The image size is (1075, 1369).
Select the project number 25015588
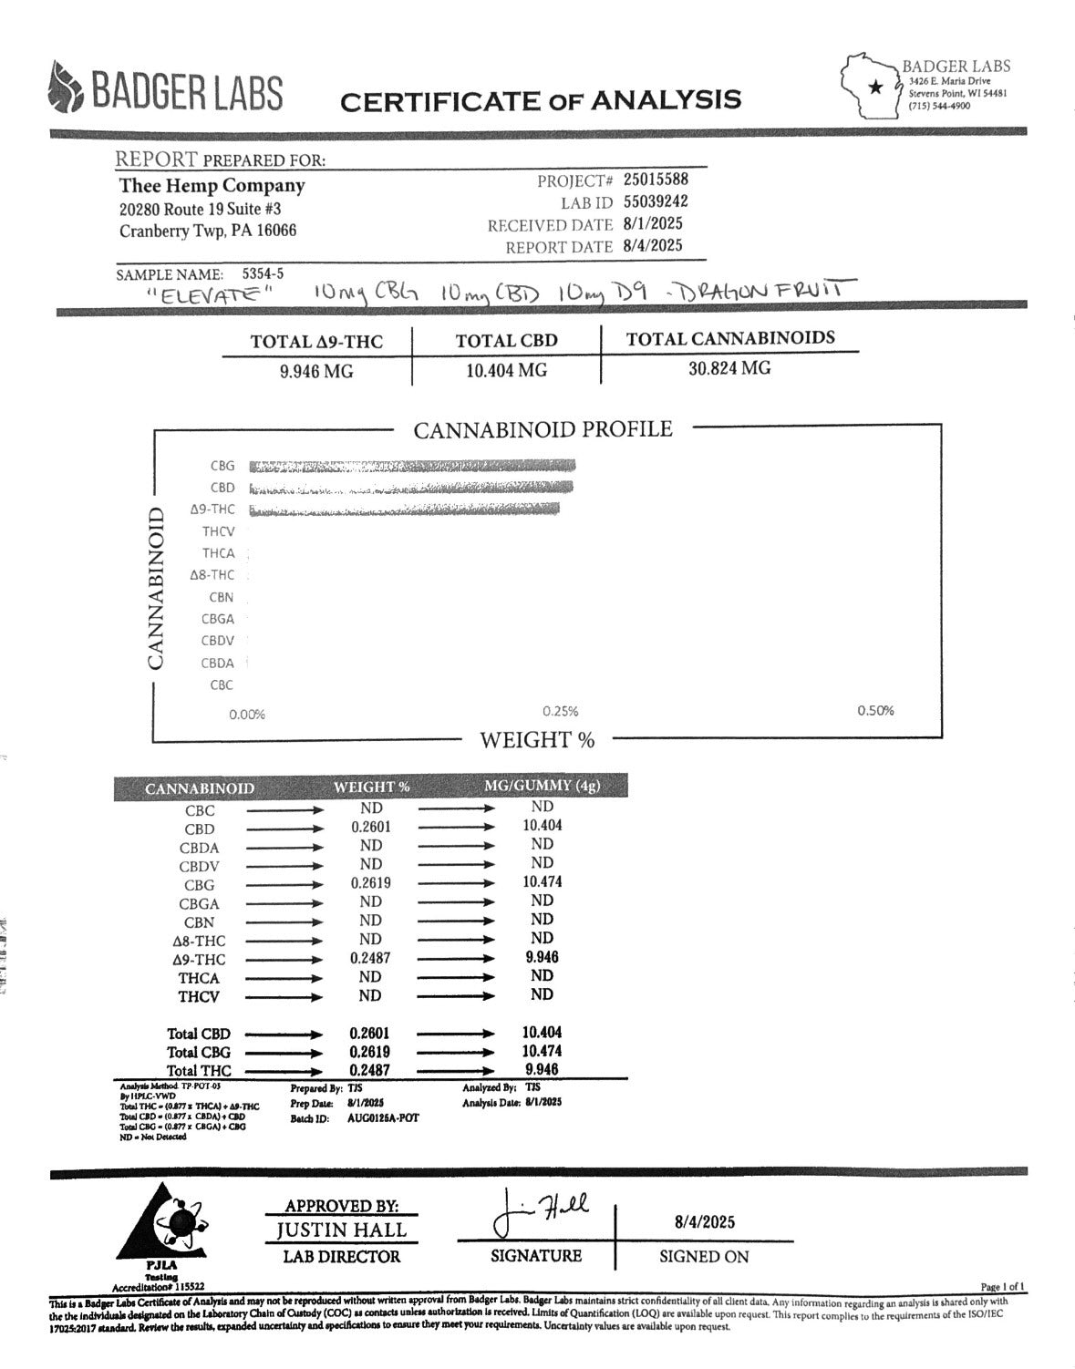tap(656, 180)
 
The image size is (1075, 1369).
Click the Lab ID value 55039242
tap(656, 201)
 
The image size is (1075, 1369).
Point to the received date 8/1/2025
tap(653, 223)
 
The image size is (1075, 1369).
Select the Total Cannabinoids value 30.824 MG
tap(729, 368)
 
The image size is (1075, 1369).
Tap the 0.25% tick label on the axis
tap(561, 712)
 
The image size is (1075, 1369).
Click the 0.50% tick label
tap(875, 711)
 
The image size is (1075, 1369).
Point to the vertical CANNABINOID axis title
tap(157, 588)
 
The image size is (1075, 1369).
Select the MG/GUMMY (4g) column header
tap(542, 786)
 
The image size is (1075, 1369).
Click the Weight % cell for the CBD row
tap(370, 827)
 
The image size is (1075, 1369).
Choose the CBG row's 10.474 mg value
tap(542, 881)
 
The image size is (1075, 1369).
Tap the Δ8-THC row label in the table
tap(199, 941)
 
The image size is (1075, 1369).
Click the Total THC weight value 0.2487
tap(369, 1070)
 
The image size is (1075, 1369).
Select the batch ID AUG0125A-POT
tap(383, 1117)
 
